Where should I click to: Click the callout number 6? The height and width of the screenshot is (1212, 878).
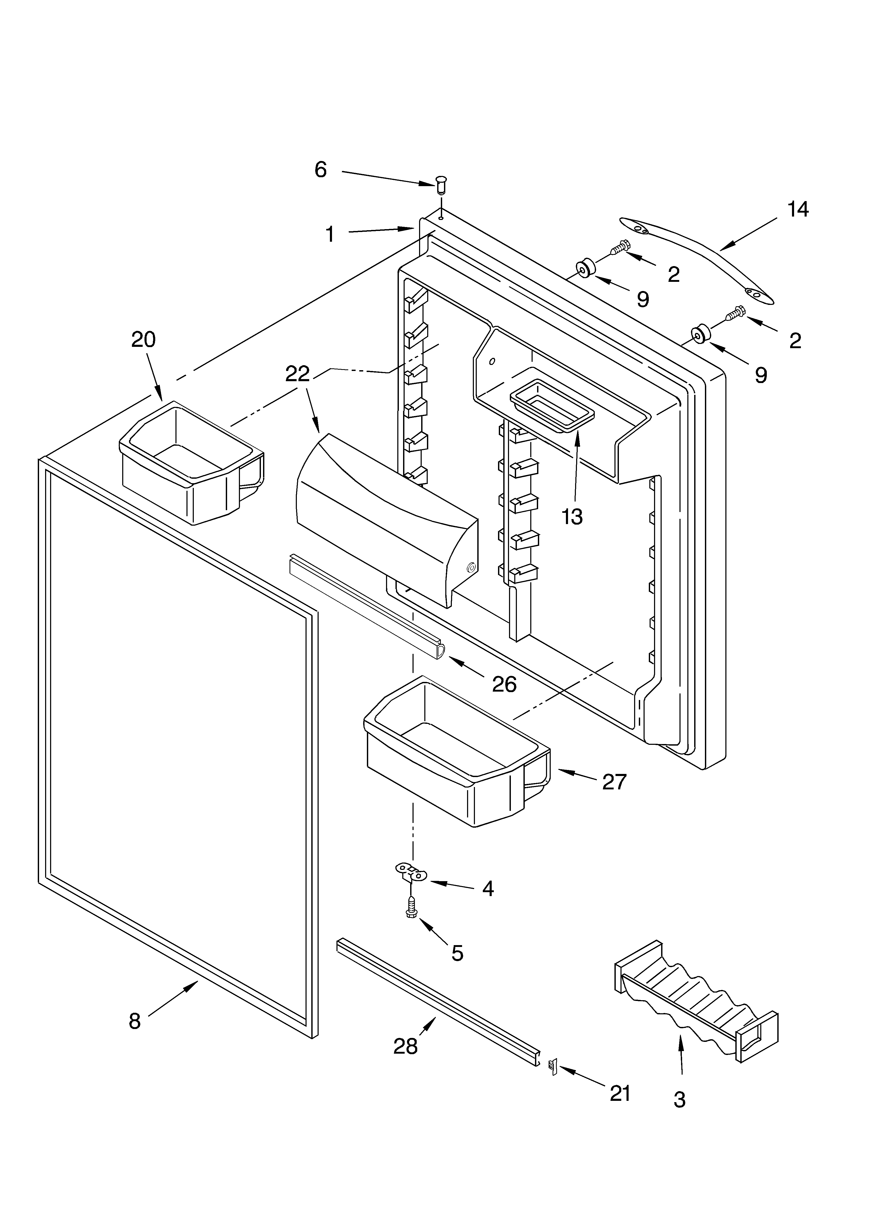tap(320, 170)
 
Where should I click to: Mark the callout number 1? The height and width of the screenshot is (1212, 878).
tap(330, 234)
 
